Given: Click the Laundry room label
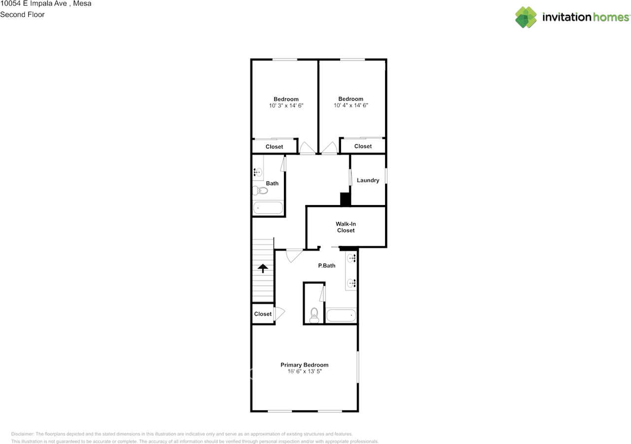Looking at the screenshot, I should (368, 180).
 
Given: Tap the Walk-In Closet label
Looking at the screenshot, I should (346, 227).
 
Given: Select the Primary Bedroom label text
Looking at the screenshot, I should (304, 365).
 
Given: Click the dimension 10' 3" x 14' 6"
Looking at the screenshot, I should (286, 105).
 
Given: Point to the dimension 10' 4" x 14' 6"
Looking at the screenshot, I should (351, 105).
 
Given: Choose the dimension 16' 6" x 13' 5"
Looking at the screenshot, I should (304, 372).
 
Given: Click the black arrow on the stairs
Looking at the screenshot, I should (263, 268).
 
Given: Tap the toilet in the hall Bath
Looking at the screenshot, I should (260, 190).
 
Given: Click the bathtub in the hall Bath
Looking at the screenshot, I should (268, 208).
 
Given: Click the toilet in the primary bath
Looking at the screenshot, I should (314, 315).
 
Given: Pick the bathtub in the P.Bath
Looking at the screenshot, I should (341, 315).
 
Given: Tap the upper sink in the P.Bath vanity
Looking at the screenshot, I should (351, 258).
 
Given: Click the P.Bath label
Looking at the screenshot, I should (326, 266).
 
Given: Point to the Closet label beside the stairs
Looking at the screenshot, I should (263, 314).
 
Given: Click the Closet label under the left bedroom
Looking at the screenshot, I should (274, 147).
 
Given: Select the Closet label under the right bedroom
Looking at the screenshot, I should (363, 146).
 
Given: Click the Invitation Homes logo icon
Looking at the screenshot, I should (526, 17).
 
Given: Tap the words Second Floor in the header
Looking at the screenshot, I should (22, 14).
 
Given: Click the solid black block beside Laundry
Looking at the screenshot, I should (345, 199).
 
